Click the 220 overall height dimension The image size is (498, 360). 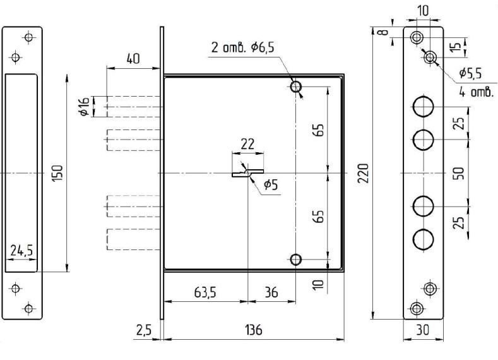(364, 173)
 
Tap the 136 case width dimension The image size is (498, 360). (254, 330)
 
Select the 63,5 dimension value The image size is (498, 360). (205, 292)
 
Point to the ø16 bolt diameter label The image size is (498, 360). (84, 107)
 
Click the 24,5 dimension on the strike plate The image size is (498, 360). (21, 250)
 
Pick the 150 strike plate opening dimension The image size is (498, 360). (58, 173)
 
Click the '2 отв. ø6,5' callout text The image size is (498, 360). (242, 48)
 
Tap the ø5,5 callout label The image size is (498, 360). (470, 73)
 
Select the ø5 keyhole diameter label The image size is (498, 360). (271, 184)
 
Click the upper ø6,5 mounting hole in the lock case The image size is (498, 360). (296, 86)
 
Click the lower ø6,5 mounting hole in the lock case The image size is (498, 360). (296, 260)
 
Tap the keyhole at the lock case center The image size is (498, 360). (247, 173)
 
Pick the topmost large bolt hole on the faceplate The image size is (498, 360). (423, 107)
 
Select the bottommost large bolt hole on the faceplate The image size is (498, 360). (423, 239)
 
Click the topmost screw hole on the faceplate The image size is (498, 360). (417, 37)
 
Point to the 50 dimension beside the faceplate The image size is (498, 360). (459, 173)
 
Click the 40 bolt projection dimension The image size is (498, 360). (133, 59)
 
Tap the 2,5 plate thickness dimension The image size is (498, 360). (144, 330)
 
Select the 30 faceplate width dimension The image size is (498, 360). (423, 330)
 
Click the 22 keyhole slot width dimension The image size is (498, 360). (247, 144)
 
